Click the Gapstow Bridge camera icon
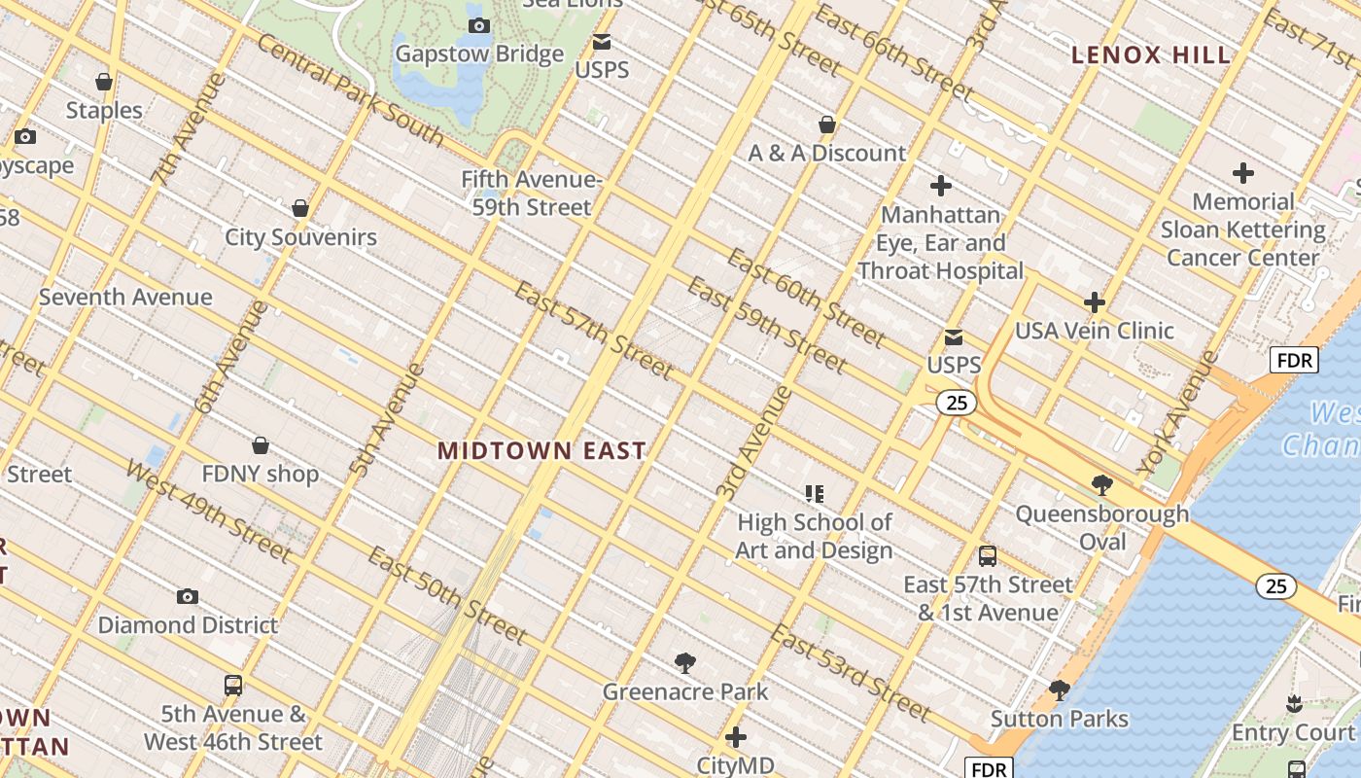click(x=479, y=25)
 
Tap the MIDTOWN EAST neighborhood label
click(x=541, y=451)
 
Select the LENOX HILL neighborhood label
click(x=1151, y=55)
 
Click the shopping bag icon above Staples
click(x=104, y=82)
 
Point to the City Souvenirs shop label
click(x=300, y=237)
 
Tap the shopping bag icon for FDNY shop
click(x=261, y=445)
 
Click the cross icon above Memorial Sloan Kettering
click(x=1242, y=174)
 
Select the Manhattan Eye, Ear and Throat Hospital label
click(x=940, y=242)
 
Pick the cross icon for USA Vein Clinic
click(x=1095, y=302)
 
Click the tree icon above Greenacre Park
click(x=685, y=663)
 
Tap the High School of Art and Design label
click(x=814, y=537)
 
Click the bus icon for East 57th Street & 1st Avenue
click(x=988, y=556)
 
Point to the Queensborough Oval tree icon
click(x=1102, y=484)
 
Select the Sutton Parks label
click(x=1059, y=720)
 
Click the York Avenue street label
click(x=1177, y=413)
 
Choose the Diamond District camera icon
click(x=188, y=596)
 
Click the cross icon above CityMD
click(x=736, y=737)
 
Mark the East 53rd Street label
click(x=851, y=674)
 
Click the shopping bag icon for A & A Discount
click(x=827, y=124)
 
